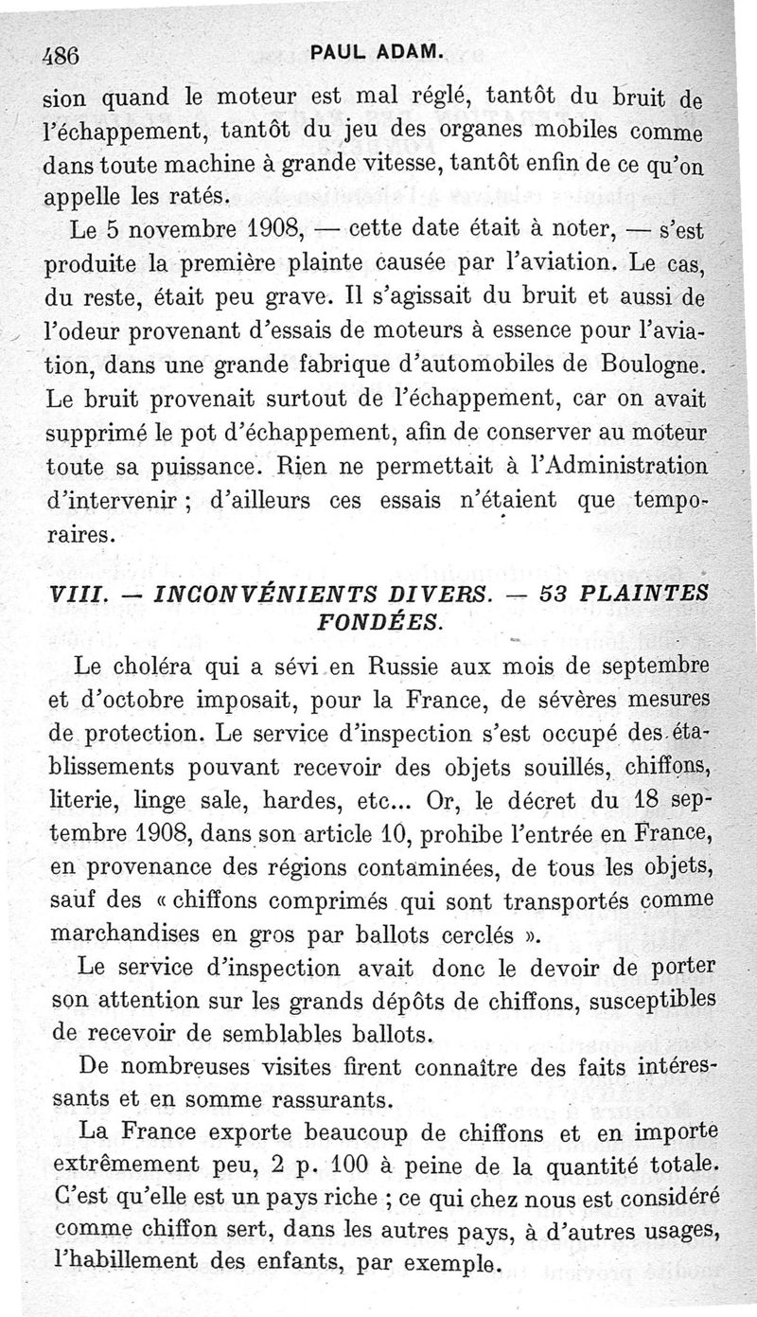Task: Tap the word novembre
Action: (x=179, y=229)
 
